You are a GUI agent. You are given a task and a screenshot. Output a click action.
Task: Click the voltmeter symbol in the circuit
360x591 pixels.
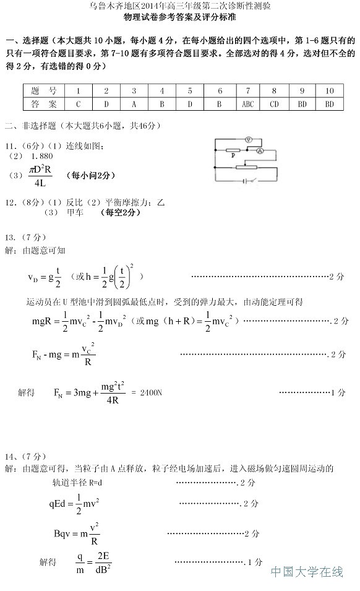pos(248,139)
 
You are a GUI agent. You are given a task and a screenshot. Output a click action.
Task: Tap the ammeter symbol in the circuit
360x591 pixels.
pos(260,150)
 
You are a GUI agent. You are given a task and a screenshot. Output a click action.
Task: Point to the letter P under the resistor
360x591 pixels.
pos(233,156)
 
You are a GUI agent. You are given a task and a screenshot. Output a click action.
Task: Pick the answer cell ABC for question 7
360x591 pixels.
pos(247,104)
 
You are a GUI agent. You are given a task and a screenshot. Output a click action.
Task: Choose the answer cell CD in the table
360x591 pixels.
pos(275,104)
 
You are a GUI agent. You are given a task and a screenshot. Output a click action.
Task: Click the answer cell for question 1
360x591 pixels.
pos(79,104)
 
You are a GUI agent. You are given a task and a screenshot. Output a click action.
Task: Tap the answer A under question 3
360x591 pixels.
pos(134,104)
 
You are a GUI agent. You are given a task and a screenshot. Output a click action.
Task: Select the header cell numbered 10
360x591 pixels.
pos(329,90)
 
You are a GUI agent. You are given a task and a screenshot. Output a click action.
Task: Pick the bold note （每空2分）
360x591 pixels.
pos(120,212)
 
